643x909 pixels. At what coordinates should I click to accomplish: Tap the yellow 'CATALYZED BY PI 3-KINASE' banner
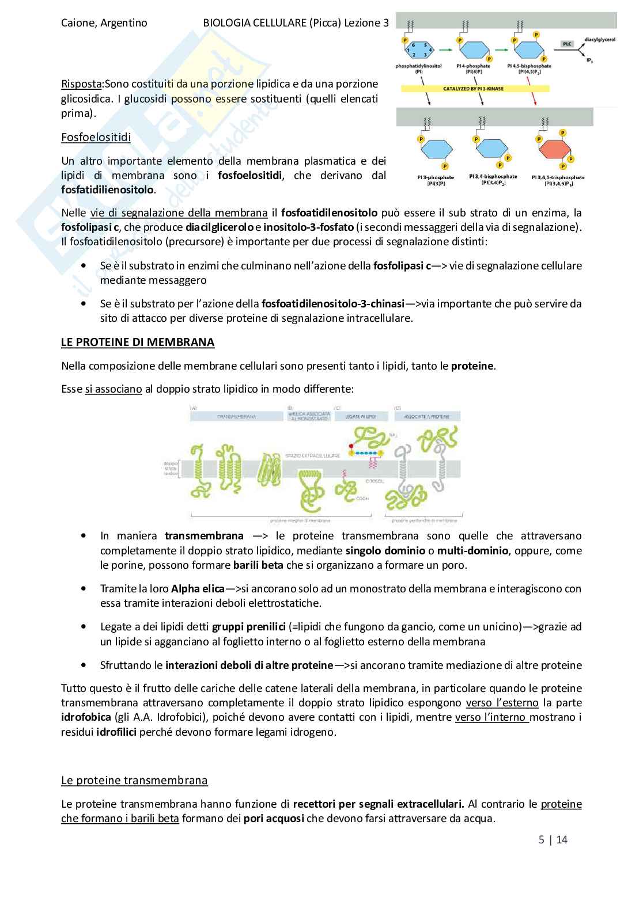475,89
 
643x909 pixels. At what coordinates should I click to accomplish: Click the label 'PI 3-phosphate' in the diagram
434,177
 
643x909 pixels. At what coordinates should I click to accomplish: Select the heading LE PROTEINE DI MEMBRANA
138,342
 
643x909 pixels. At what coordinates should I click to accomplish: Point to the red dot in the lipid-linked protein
350,446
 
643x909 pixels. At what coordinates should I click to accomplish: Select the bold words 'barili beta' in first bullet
258,565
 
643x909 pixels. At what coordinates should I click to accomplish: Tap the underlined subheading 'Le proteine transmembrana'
134,781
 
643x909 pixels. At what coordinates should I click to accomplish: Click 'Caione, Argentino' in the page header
104,23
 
